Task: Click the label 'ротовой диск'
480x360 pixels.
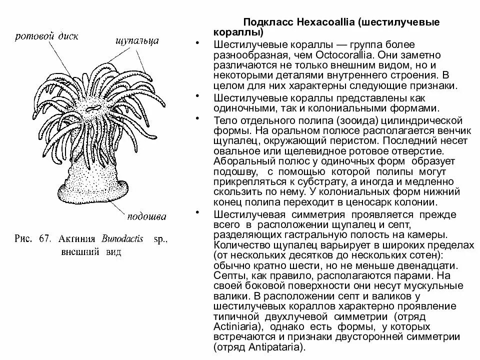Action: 46,36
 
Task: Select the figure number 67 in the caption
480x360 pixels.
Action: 42,239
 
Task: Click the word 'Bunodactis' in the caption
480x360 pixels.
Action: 121,239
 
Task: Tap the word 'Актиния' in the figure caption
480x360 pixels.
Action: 75,239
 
